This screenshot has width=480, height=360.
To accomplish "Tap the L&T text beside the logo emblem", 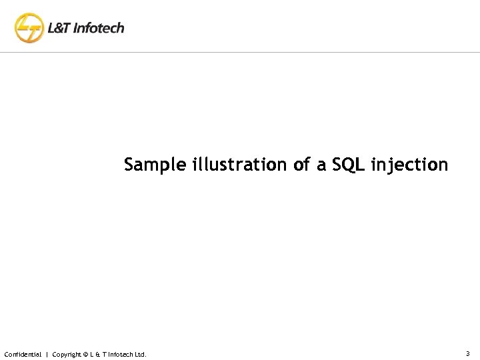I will (59, 29).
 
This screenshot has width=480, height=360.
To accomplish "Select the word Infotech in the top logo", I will (99, 29).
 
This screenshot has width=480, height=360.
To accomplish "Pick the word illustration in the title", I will (240, 164).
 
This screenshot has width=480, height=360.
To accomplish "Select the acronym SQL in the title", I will (345, 164).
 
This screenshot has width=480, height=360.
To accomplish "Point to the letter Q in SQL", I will (345, 164).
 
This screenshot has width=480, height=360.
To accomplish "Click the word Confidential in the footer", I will (23, 354).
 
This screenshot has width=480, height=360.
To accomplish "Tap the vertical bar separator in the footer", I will (47, 354).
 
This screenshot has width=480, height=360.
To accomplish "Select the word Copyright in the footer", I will (67, 354).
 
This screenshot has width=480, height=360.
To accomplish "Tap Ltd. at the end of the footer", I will (140, 354).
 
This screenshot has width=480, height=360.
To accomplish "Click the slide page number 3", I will (467, 353).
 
